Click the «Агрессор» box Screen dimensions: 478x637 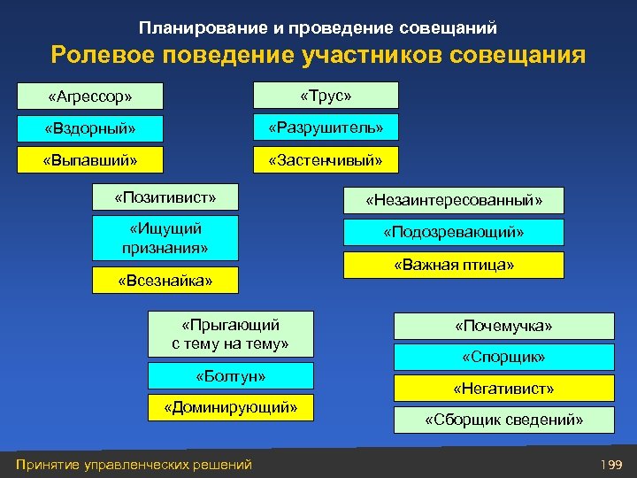[90, 95]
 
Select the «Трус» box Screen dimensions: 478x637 [326, 95]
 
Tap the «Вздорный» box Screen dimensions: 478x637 [90, 128]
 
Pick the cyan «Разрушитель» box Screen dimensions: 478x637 [326, 127]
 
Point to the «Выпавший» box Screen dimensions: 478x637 [90, 161]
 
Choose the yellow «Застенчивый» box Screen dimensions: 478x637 [326, 160]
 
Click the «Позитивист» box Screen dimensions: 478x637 [165, 196]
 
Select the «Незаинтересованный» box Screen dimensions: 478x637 [454, 201]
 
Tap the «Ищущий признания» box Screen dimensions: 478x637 [165, 238]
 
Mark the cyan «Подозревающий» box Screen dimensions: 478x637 [454, 233]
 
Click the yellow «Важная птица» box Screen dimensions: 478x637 [454, 265]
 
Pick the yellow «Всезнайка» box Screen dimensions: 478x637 [165, 281]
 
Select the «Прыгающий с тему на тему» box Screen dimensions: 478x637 [230, 334]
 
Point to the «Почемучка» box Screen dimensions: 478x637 [503, 327]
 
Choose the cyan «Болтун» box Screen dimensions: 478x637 [230, 375]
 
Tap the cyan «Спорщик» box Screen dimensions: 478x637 [503, 358]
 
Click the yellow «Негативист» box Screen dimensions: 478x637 [503, 389]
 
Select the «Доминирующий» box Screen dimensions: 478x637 [230, 407]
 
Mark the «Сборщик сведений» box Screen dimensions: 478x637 [503, 420]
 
